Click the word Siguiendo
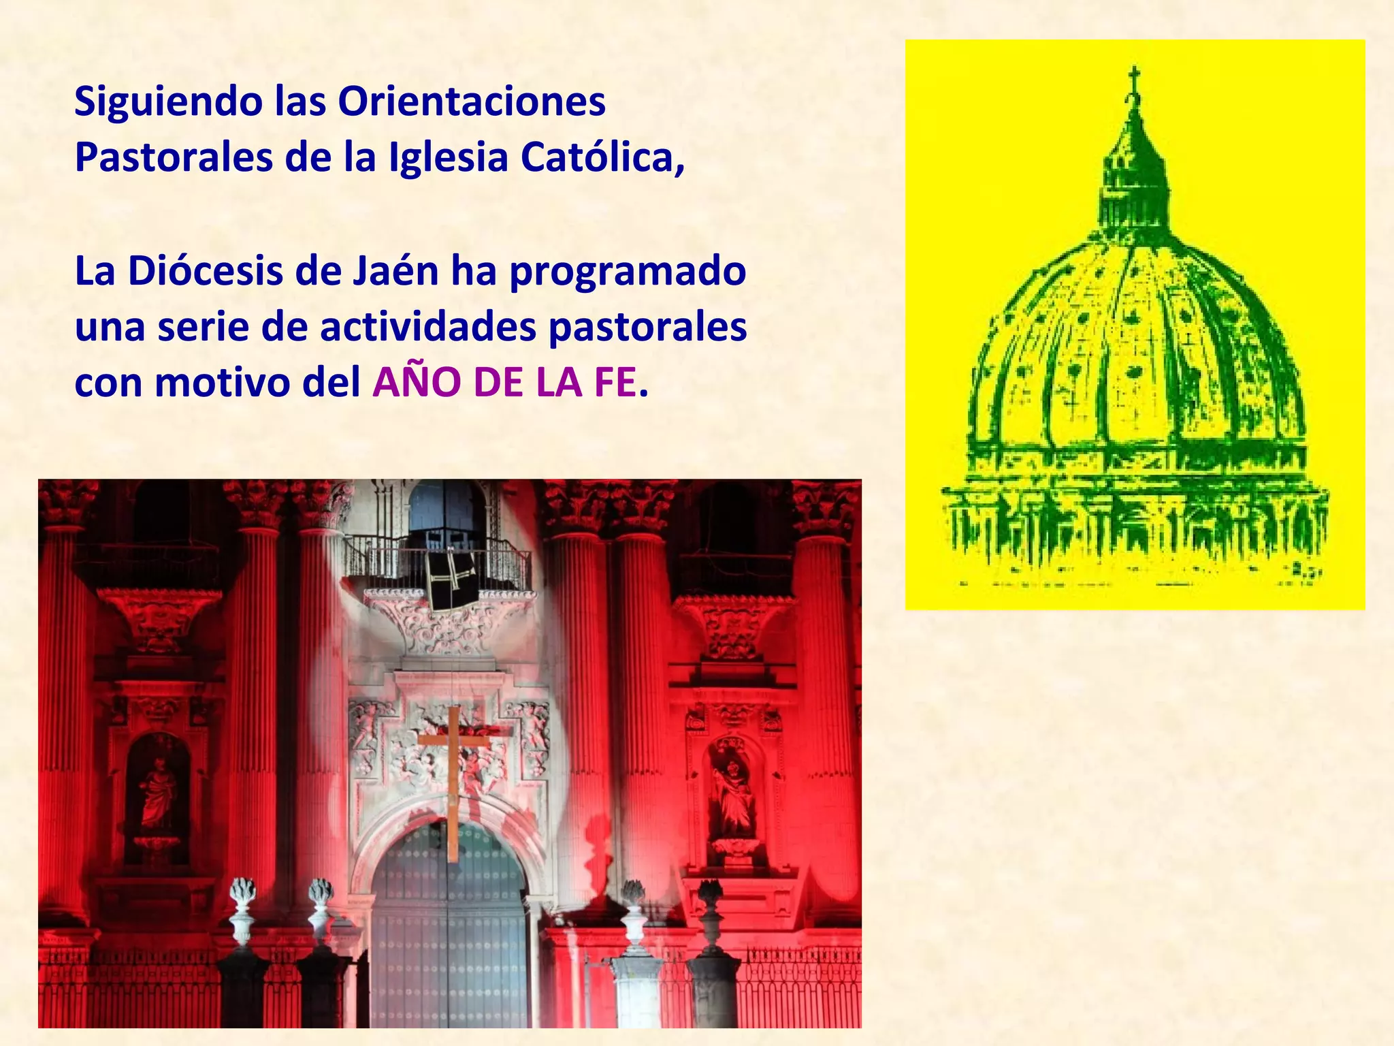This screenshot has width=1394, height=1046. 168,103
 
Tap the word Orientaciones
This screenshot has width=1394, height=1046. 471,101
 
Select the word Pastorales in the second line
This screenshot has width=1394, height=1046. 174,157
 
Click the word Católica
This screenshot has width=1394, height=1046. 602,157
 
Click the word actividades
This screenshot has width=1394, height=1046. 428,327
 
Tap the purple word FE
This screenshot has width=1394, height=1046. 615,383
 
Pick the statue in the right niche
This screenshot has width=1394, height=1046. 734,793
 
